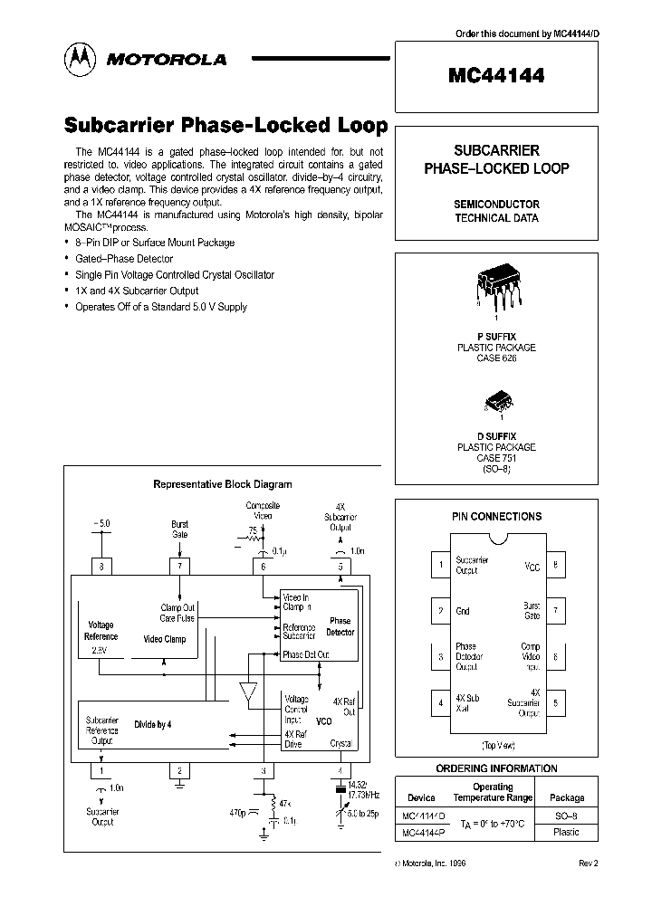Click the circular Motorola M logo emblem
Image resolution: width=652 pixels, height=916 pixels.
coord(80,58)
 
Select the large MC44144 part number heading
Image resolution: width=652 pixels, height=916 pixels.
coord(496,77)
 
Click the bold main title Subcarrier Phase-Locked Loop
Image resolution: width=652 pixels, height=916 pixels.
coord(225,126)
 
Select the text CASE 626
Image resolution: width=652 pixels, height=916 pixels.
coord(495,358)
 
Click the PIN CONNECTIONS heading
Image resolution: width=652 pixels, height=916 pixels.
coord(496,517)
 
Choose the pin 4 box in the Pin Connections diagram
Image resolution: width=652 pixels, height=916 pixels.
coord(440,701)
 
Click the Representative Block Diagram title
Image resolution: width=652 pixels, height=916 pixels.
coord(222,485)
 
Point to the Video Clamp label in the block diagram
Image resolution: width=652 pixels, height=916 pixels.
coord(164,639)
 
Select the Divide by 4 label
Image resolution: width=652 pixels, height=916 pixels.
coord(152,725)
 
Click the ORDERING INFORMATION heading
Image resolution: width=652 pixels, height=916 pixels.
coord(496,768)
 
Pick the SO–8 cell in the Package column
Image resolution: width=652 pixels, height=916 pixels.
coord(567,816)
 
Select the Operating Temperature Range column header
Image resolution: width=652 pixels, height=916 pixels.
coord(493,793)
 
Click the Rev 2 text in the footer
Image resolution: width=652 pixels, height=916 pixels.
coord(589,864)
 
